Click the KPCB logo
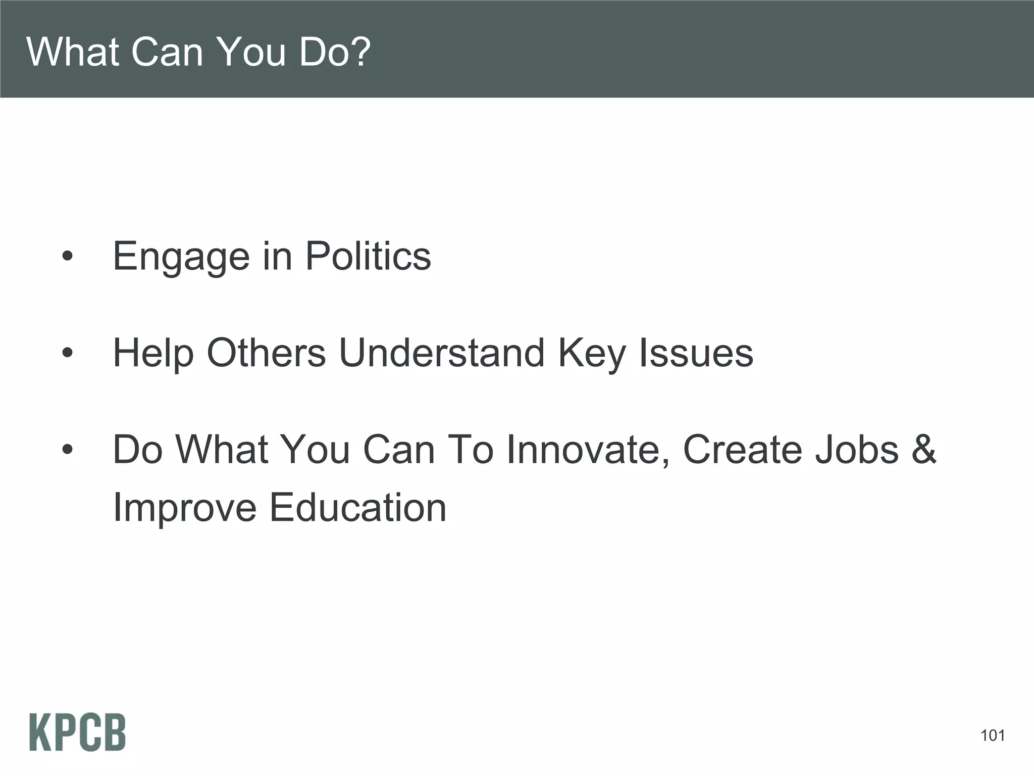[x=77, y=732]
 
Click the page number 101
[x=992, y=736]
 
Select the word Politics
[x=368, y=256]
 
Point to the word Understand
[x=442, y=352]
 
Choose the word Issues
[x=696, y=352]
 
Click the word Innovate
[x=589, y=449]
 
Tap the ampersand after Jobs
[x=923, y=449]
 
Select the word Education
[x=358, y=507]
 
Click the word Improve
[x=185, y=508]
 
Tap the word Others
[x=266, y=352]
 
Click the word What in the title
[x=73, y=52]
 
